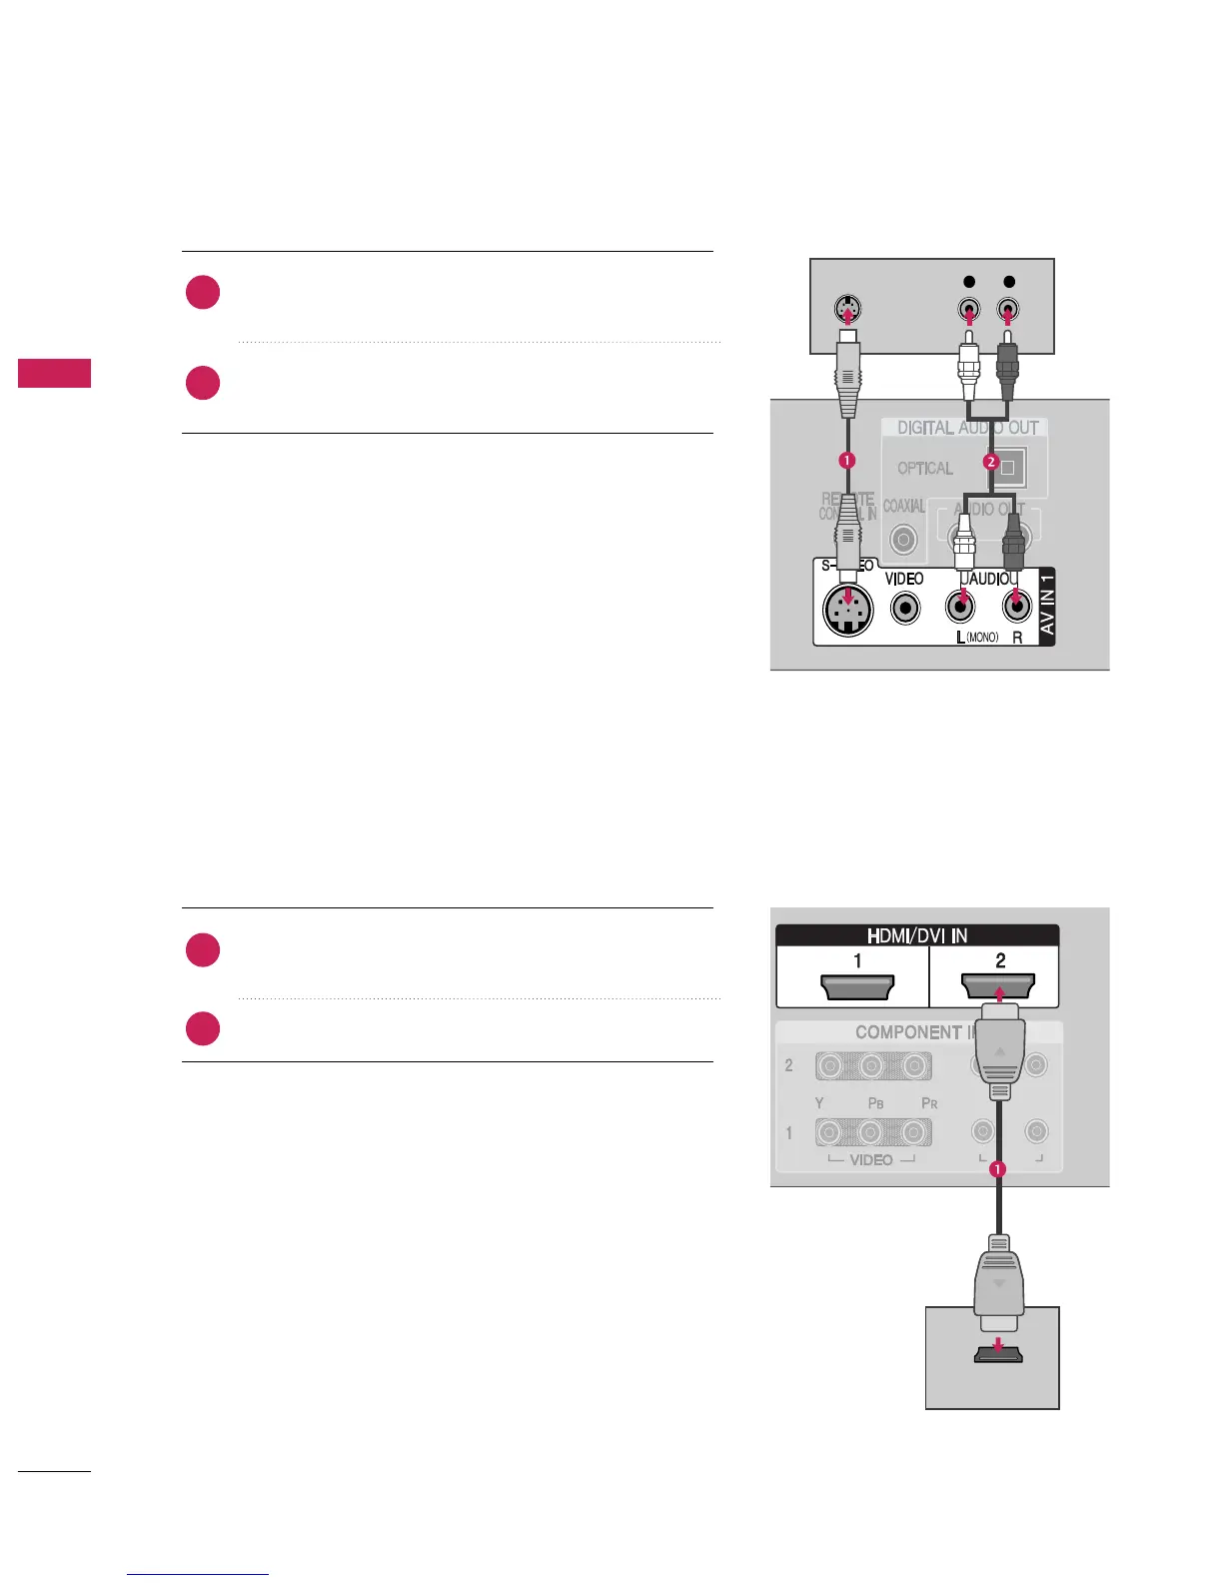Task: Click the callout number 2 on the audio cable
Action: (x=990, y=461)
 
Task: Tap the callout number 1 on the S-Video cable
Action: (x=846, y=460)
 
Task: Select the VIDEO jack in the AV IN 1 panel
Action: (x=905, y=607)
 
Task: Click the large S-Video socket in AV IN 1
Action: (x=847, y=608)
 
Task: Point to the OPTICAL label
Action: (x=924, y=468)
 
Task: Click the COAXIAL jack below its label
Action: (x=903, y=540)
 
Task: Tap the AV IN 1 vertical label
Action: (x=1046, y=606)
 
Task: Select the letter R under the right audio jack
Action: (x=1018, y=638)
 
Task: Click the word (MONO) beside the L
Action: (x=982, y=638)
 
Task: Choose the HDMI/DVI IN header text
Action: (x=916, y=936)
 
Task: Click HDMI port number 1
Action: (x=857, y=987)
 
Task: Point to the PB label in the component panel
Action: (x=875, y=1103)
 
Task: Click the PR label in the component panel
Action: (x=929, y=1103)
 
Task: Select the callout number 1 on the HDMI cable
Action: (x=996, y=1168)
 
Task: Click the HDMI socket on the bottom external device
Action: (x=992, y=1355)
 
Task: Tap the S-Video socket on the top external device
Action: (x=847, y=310)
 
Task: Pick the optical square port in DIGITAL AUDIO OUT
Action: (x=1007, y=467)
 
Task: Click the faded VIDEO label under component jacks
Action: (x=870, y=1160)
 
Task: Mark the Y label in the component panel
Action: (x=819, y=1103)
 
